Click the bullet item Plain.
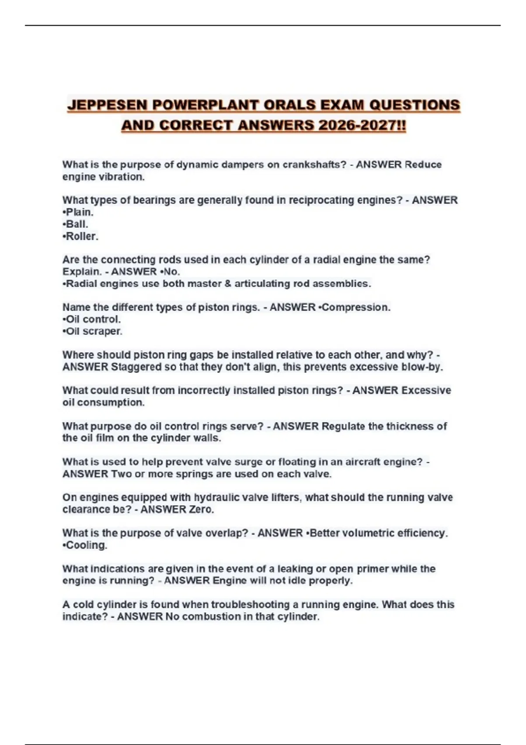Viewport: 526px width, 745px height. pyautogui.click(x=79, y=212)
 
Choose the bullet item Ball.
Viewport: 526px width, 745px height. pyautogui.click(x=77, y=224)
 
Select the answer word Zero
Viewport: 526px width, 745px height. pyautogui.click(x=201, y=510)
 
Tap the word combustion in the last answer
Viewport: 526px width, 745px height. pyautogui.click(x=209, y=617)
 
